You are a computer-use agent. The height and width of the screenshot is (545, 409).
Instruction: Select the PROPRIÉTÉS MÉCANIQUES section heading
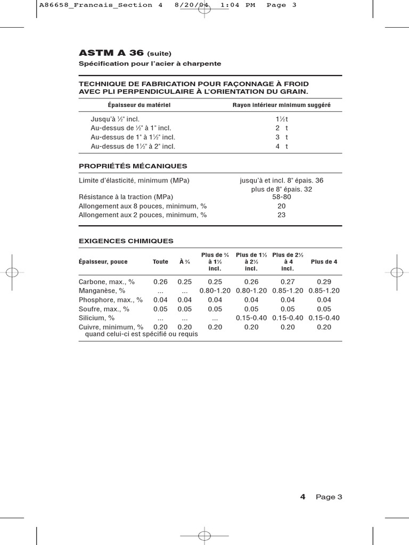tap(133, 166)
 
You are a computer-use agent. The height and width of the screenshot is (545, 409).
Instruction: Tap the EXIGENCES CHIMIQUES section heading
tap(126, 241)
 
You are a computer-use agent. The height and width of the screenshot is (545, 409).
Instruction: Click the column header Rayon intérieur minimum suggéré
tap(281, 105)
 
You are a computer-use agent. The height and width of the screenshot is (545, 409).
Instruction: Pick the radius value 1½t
tap(282, 120)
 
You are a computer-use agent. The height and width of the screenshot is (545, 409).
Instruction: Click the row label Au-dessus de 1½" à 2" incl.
tap(133, 146)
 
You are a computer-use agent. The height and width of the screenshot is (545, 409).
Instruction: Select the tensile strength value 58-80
tap(281, 197)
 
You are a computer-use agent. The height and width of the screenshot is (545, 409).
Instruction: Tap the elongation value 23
tap(281, 215)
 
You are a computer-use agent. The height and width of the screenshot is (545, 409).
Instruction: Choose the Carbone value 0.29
tap(324, 281)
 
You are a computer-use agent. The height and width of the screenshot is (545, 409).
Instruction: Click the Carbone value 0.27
tap(288, 281)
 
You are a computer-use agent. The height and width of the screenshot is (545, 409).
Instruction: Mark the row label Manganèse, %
tap(102, 291)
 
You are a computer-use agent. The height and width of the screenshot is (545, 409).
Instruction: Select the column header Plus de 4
tap(324, 262)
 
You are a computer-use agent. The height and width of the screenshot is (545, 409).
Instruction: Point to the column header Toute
tap(160, 262)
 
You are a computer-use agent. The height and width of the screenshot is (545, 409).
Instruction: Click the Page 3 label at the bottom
tap(329, 497)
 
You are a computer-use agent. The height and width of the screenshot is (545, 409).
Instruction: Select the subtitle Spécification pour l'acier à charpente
tap(150, 64)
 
